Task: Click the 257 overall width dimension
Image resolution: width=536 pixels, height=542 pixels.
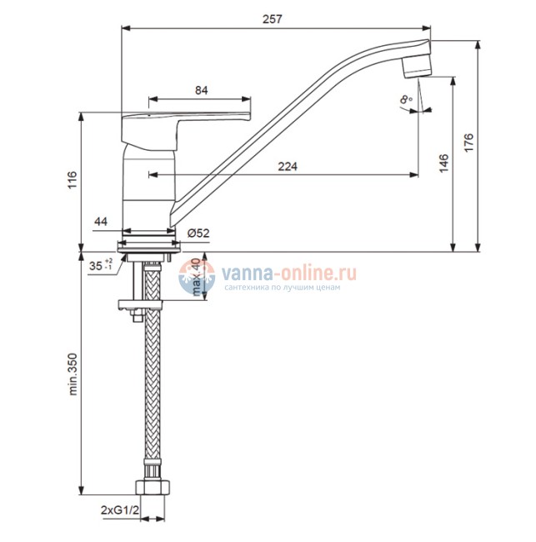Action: (273, 19)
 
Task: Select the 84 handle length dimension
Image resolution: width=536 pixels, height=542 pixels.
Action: (202, 91)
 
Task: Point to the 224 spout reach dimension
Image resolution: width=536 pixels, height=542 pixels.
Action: (288, 167)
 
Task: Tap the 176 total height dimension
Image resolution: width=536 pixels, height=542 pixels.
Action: (468, 142)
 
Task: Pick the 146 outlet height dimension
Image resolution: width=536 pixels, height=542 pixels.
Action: (443, 163)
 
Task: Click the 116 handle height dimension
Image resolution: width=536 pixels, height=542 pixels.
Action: (73, 180)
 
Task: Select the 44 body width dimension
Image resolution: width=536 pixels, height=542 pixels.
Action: (101, 221)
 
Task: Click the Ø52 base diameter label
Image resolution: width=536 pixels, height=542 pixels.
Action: (198, 233)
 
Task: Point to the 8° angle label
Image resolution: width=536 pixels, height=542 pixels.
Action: (406, 99)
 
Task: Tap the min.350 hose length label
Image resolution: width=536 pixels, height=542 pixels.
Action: (73, 374)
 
